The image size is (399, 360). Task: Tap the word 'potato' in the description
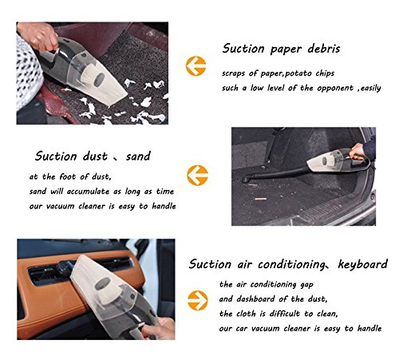(x=299, y=73)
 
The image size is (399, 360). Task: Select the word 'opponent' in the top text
(x=335, y=88)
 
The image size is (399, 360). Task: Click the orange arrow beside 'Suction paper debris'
(x=196, y=66)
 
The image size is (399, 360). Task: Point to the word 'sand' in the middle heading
(x=138, y=156)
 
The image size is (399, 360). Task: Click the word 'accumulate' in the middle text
(x=88, y=192)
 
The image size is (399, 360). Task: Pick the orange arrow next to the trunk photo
(x=197, y=176)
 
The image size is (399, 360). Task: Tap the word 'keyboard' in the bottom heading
(x=362, y=264)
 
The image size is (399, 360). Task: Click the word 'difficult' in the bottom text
(x=285, y=314)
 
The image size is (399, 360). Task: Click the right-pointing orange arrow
(x=197, y=300)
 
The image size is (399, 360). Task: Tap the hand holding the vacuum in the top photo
(x=39, y=35)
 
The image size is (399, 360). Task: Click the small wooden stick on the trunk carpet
(x=260, y=199)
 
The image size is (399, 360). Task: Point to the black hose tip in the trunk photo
(x=246, y=179)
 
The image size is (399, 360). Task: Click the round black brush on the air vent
(x=65, y=267)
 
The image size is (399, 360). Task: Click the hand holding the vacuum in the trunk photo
(x=358, y=151)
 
